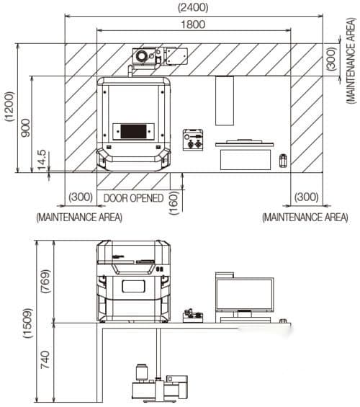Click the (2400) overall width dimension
(x=193, y=7)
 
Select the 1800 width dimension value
(x=193, y=24)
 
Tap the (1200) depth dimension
(x=9, y=106)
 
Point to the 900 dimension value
(x=26, y=128)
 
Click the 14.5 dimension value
(x=42, y=160)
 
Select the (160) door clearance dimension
(x=174, y=203)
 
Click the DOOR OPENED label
(x=133, y=198)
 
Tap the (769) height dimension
(x=45, y=282)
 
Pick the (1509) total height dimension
(x=28, y=323)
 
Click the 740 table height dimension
(x=45, y=359)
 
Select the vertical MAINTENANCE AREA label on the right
(x=351, y=61)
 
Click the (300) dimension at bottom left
(x=81, y=197)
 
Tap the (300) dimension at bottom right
(x=306, y=197)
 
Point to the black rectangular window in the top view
(x=133, y=131)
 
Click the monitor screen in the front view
(x=245, y=295)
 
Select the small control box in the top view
(x=193, y=140)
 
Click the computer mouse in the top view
(x=283, y=161)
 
